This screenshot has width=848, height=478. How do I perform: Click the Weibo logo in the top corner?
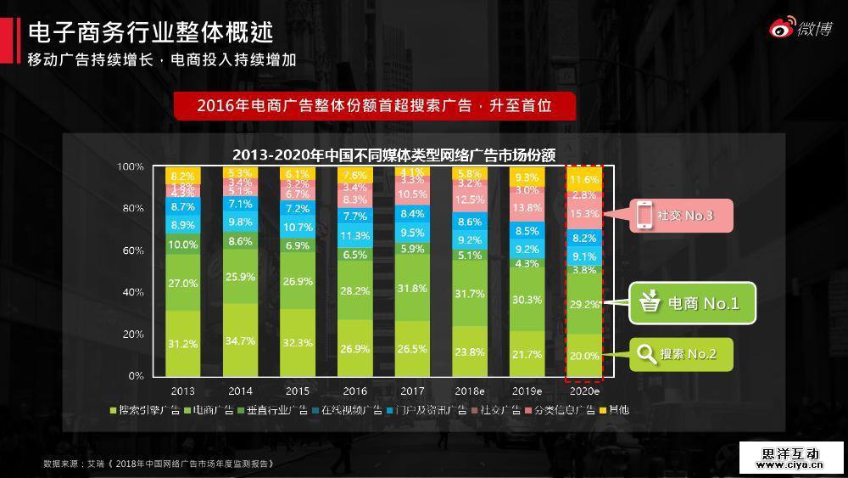coord(801,29)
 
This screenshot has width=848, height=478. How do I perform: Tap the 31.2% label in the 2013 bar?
coord(183,344)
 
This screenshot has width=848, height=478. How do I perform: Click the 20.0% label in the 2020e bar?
coord(585,356)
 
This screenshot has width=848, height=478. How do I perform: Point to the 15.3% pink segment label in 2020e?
coord(585,214)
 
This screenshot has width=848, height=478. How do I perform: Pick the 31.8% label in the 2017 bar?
coord(412,288)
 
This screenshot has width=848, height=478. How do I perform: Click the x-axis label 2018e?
coord(469,391)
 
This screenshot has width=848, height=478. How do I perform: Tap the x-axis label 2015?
coord(297,391)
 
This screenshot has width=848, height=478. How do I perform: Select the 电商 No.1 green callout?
coord(691,303)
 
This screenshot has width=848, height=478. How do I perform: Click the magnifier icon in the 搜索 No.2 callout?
coord(647,354)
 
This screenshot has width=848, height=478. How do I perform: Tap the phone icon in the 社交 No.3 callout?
coord(644,216)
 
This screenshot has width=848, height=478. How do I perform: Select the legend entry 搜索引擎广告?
coord(149,410)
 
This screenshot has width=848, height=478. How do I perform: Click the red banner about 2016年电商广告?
coord(374,106)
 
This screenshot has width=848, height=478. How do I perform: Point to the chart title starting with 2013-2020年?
coord(393,155)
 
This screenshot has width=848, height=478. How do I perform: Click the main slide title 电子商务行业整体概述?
coord(151,32)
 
